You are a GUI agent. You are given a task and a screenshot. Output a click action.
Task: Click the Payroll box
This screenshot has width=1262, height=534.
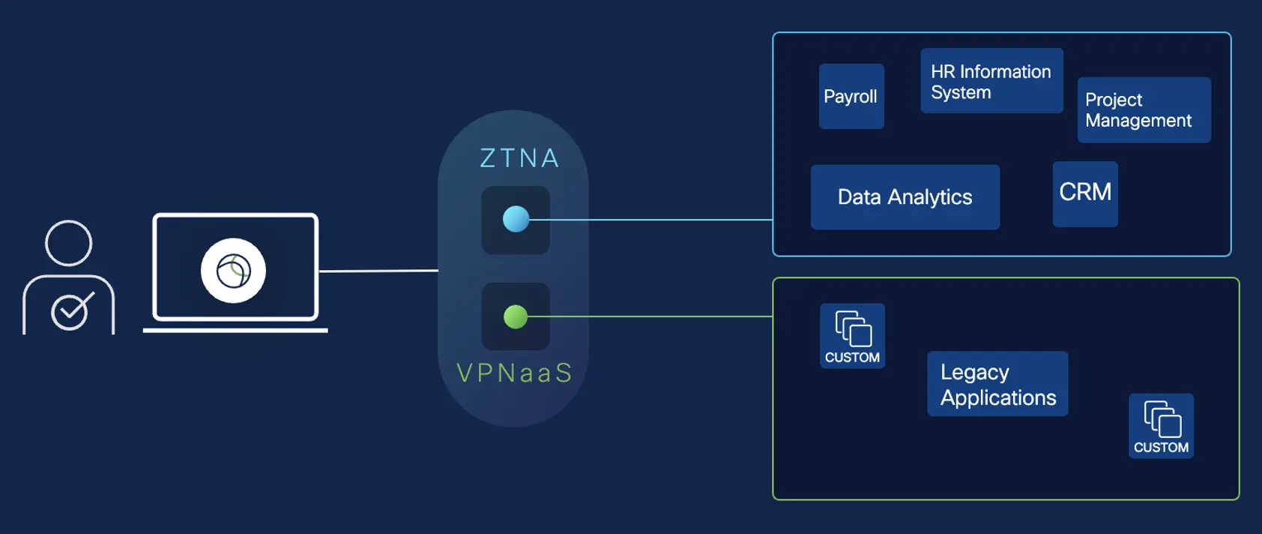pos(851,96)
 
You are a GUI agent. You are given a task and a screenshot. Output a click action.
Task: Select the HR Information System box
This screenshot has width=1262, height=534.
pos(991,81)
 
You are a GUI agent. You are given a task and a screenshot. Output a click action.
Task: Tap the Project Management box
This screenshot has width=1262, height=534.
pos(1144,110)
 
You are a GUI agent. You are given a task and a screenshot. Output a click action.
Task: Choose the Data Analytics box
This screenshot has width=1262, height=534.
pos(905,197)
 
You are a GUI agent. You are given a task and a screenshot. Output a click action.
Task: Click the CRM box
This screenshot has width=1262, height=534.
pos(1085,193)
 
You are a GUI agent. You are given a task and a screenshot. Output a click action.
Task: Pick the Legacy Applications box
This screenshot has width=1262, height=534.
pos(997,384)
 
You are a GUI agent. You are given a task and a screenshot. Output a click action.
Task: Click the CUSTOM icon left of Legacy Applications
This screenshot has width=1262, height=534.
pos(853,335)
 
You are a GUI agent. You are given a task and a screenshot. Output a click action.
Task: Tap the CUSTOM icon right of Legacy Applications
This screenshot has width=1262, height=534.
pos(1161,425)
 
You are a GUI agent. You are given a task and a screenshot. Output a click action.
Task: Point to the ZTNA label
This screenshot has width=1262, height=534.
pos(519,158)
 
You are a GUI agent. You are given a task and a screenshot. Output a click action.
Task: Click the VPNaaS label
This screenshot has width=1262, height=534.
pos(515,373)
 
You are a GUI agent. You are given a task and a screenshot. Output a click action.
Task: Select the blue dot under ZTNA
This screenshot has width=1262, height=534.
pos(516,219)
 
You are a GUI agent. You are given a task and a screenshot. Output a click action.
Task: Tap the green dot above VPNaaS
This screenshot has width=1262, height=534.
pos(516,316)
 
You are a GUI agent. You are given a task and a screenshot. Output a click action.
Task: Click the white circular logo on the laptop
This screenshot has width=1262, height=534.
pos(233,270)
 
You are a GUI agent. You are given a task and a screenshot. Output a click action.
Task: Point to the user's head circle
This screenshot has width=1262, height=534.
pos(69,243)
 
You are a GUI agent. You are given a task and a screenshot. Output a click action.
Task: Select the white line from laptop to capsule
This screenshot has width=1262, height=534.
pos(378,271)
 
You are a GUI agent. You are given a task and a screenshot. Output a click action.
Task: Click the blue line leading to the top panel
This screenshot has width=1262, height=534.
pos(652,220)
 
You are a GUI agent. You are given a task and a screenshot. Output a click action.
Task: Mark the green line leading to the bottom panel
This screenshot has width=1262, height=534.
pos(652,316)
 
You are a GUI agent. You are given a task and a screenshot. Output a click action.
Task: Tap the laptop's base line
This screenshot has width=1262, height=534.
pos(235,330)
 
